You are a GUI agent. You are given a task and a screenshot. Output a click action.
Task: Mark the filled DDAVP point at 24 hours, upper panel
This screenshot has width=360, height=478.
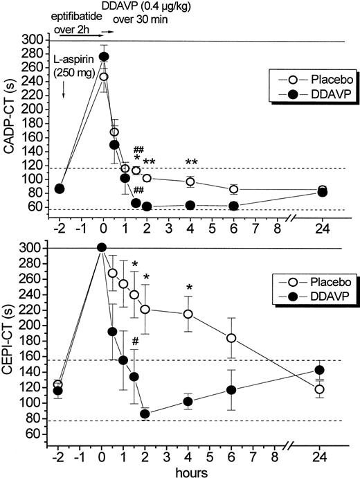[x=322, y=192]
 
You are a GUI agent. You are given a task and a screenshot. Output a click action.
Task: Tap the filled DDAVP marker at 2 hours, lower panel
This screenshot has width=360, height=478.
[x=145, y=414]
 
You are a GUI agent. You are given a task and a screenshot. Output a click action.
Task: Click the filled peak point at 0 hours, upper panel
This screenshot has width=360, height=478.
[x=104, y=57]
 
